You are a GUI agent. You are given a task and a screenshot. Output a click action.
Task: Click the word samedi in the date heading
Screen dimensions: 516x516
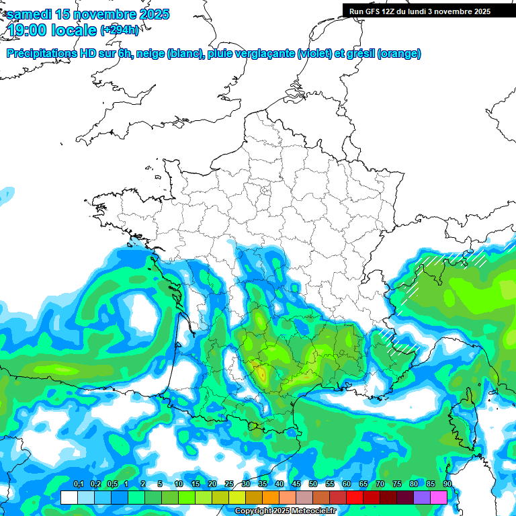click(32, 14)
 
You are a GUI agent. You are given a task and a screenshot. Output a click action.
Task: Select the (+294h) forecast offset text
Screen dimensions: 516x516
click(120, 30)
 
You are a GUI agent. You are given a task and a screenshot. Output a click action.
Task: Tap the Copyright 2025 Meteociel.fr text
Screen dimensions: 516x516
click(285, 511)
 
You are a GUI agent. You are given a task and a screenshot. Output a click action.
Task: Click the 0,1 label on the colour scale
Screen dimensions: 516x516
click(78, 484)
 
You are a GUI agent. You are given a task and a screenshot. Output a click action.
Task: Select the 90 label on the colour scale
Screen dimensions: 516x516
click(447, 484)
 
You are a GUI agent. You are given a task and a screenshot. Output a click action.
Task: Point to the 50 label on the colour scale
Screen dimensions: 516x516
click(313, 484)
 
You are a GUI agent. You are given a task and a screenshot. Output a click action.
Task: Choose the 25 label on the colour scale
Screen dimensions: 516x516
click(229, 484)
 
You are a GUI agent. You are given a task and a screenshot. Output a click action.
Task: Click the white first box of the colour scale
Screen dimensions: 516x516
click(69, 497)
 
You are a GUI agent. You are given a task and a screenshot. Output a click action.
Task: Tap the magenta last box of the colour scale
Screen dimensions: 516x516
click(439, 497)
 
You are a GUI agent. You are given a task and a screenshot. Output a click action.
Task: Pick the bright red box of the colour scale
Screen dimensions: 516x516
click(355, 497)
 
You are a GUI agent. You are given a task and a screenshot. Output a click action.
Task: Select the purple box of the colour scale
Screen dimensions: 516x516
click(422, 497)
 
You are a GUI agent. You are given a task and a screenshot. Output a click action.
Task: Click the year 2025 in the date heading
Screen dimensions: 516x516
click(152, 14)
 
